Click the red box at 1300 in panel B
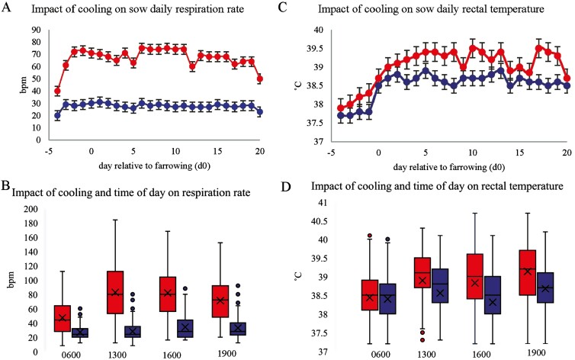pos(116,291)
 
